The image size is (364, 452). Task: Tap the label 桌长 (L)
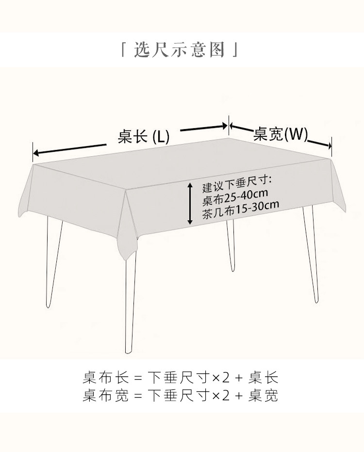pyautogui.click(x=144, y=137)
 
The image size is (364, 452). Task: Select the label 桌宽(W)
pyautogui.click(x=281, y=134)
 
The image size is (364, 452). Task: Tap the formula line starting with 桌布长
pyautogui.click(x=181, y=377)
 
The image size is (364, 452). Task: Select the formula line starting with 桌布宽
pyautogui.click(x=181, y=396)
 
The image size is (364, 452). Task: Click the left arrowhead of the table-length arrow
pyautogui.click(x=35, y=154)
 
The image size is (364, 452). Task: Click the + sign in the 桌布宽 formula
pyautogui.click(x=238, y=396)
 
